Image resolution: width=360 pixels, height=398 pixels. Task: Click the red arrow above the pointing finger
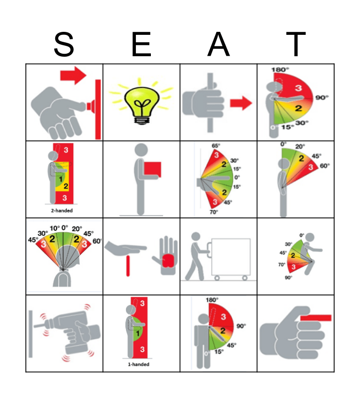click(73, 75)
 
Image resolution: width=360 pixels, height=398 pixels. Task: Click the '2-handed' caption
click(64, 210)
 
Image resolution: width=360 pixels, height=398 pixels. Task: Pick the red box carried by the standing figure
click(153, 169)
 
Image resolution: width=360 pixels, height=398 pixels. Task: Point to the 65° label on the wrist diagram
click(216, 146)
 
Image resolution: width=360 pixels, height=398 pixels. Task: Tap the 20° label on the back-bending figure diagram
click(300, 146)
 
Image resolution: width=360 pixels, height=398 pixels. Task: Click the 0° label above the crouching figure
click(302, 235)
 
